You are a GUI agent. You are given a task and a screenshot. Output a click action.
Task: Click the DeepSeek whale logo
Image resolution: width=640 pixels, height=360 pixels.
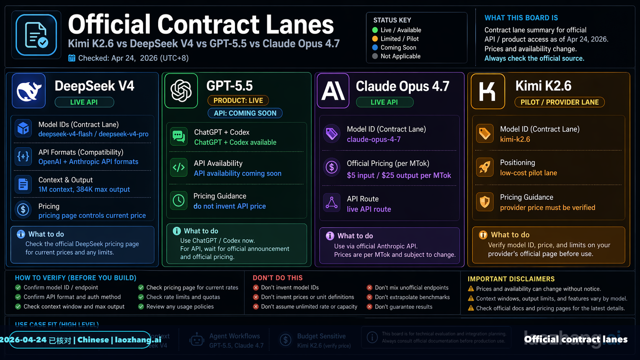click(29, 91)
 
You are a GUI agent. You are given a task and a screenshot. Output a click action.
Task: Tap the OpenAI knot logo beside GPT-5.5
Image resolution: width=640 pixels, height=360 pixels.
click(181, 91)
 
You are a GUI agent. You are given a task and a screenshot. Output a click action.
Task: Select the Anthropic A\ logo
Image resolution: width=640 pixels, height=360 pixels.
click(333, 91)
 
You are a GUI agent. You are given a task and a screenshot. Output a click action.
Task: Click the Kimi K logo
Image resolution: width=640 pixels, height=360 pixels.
click(488, 91)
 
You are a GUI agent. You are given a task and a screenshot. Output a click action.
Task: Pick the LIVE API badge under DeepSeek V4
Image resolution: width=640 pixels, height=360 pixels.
click(84, 102)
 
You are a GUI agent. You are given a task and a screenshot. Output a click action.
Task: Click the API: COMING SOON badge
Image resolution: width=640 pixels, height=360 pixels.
click(245, 113)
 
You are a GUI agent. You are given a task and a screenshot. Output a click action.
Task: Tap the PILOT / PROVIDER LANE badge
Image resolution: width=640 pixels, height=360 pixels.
click(559, 102)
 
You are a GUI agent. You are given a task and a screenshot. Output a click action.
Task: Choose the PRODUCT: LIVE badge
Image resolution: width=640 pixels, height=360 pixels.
click(238, 101)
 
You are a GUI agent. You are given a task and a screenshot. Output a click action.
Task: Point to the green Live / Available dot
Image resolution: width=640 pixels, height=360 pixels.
click(375, 30)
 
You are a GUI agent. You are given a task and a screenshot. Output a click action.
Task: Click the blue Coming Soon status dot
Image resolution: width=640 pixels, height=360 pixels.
click(375, 47)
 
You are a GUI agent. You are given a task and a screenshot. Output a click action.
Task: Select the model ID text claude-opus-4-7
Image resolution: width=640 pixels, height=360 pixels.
click(374, 139)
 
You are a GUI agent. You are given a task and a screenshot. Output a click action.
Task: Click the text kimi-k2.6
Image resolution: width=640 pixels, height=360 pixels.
click(515, 139)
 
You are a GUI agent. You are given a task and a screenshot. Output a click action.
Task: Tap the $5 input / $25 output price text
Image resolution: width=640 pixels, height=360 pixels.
click(399, 175)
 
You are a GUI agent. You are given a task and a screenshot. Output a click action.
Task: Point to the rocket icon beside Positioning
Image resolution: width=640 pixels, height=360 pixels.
click(485, 167)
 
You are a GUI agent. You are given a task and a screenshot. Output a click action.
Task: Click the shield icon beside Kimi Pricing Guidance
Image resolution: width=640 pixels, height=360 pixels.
click(485, 202)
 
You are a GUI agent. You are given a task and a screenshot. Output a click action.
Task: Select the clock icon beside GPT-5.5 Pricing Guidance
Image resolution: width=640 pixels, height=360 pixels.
click(179, 200)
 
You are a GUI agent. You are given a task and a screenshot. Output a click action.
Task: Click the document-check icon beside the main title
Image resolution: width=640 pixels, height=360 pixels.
click(36, 35)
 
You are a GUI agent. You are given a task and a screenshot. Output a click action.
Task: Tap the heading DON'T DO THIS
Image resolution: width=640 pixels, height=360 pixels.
click(278, 278)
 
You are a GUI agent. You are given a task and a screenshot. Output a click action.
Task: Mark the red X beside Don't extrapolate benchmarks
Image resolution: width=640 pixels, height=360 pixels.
click(369, 297)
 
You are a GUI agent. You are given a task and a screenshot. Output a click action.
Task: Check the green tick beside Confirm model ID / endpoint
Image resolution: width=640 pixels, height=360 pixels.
click(18, 288)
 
